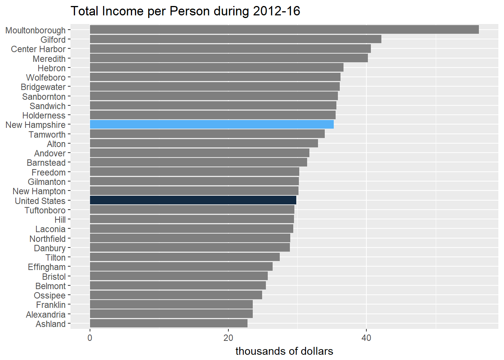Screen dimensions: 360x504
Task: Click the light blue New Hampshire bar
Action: point(211,124)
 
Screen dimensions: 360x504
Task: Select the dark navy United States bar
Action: point(193,200)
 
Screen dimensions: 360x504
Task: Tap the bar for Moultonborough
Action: point(284,30)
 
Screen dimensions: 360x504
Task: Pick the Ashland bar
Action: point(168,323)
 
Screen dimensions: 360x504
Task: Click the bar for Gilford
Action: point(235,39)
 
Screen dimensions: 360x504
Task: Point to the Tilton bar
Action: point(184,257)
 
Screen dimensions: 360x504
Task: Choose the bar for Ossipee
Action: point(176,295)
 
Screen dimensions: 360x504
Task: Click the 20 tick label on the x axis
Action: point(228,338)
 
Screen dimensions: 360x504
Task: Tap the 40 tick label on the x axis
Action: point(366,338)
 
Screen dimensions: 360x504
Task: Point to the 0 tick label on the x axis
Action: point(90,338)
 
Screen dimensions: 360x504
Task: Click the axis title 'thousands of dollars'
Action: point(284,351)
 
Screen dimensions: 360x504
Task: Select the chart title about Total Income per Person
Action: point(185,11)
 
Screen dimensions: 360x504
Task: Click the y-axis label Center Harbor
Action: point(38,49)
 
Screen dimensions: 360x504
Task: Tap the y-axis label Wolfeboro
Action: point(46,78)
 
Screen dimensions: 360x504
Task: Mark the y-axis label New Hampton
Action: point(39,191)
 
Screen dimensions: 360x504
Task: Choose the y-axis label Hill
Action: point(60,220)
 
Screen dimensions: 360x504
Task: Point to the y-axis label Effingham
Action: point(46,267)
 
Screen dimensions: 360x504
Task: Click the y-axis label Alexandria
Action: point(46,315)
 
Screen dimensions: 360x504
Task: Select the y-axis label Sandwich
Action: point(48,106)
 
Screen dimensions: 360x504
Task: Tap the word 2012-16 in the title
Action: point(277,11)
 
